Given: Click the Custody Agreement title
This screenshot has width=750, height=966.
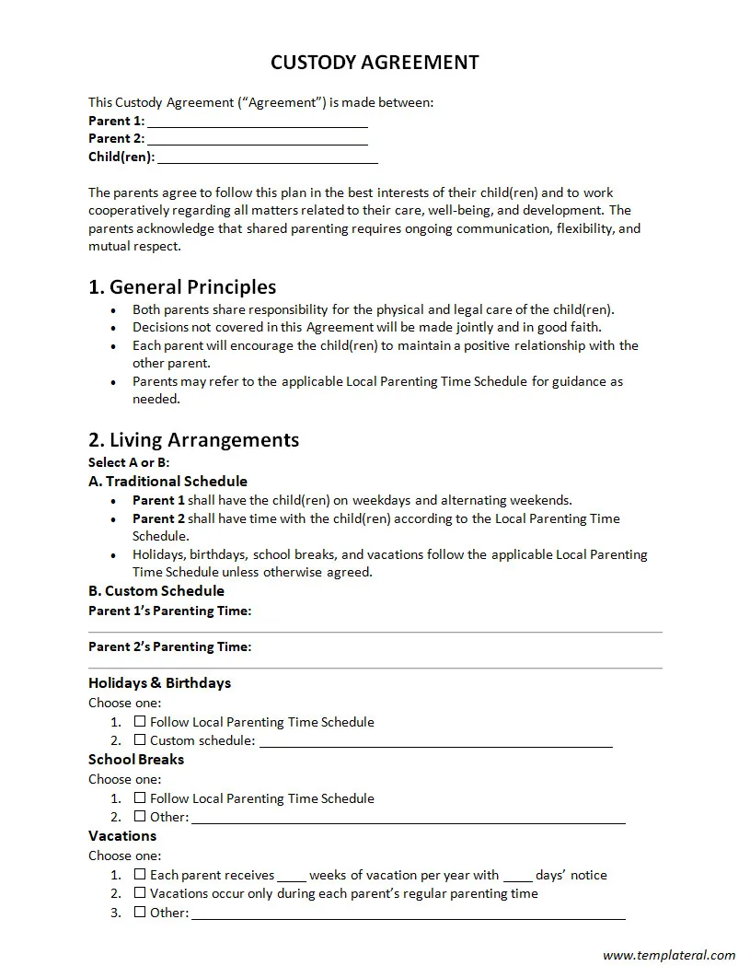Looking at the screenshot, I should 375,63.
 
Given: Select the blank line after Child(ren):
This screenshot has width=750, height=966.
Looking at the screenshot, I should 267,158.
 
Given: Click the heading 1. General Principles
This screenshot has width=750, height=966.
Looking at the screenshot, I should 182,286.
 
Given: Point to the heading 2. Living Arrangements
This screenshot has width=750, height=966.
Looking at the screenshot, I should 193,439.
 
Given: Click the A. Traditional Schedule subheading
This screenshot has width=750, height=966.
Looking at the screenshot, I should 167,481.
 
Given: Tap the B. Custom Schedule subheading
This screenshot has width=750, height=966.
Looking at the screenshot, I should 156,590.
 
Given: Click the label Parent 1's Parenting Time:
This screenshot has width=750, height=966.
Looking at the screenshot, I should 169,611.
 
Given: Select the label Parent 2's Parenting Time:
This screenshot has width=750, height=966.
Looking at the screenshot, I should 169,646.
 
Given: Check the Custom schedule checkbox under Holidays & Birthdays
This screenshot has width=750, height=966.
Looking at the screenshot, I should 140,739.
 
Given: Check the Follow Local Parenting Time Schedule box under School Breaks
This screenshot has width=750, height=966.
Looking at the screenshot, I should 140,797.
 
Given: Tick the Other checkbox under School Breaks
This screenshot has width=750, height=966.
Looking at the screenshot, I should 140,816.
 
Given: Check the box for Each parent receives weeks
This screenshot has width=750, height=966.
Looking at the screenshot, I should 140,874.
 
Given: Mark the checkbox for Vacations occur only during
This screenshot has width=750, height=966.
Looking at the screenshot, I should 140,892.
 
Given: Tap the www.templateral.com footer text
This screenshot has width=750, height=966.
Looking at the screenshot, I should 669,955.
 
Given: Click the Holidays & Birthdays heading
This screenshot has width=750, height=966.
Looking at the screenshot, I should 159,682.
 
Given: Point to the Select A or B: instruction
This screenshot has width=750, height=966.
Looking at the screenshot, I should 129,462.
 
